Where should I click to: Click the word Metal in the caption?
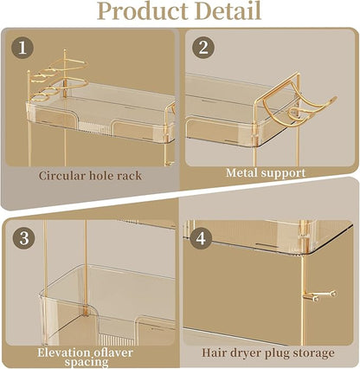243,172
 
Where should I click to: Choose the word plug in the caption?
278,353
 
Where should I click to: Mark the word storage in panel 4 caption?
314,353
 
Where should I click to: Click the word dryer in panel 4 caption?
247,353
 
